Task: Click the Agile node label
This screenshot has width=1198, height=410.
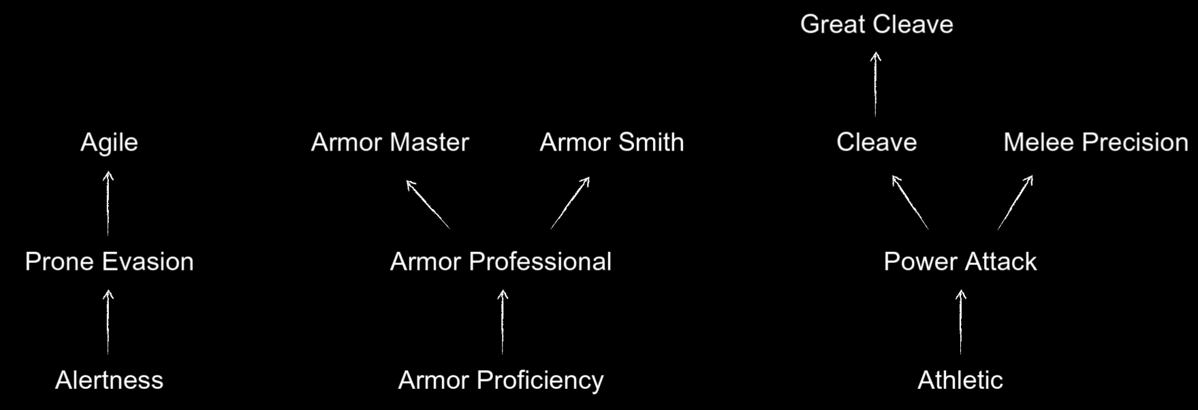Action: click(109, 143)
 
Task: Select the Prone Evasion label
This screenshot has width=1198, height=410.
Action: click(109, 262)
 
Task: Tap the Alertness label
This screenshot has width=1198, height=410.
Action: click(109, 380)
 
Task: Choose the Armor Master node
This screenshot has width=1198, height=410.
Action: click(390, 142)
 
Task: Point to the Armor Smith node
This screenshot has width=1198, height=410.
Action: click(612, 142)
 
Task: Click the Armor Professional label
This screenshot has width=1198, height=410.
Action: click(501, 262)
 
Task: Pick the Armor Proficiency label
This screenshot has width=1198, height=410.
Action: click(501, 380)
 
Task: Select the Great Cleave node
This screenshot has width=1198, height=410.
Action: click(877, 25)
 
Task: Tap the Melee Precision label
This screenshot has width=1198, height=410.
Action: click(1096, 142)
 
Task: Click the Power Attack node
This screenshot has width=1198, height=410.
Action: click(960, 262)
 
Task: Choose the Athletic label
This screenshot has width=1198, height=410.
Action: click(960, 380)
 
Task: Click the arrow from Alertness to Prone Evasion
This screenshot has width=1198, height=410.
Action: click(108, 322)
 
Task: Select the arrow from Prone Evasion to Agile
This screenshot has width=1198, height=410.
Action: click(108, 204)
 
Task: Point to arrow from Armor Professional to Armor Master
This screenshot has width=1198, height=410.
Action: click(428, 204)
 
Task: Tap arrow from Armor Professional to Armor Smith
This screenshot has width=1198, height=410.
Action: click(570, 203)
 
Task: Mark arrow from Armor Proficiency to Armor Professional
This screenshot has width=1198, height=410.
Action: click(503, 322)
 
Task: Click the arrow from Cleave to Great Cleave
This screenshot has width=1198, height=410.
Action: click(876, 84)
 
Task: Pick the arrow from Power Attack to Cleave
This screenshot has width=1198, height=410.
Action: click(910, 202)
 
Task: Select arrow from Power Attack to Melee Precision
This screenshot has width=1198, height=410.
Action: click(1015, 202)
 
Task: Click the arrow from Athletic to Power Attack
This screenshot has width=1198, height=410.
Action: click(961, 322)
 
